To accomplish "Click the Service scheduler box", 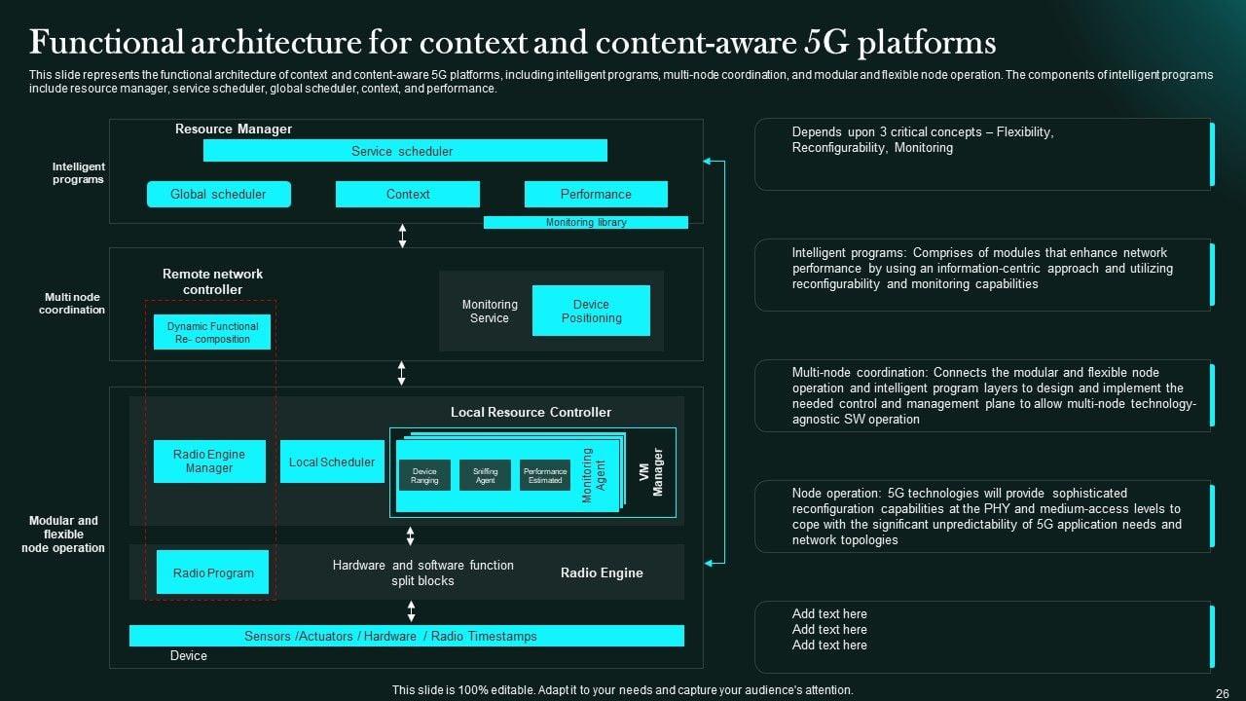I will coord(405,151).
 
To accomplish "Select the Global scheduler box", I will coord(219,194).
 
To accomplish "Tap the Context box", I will coord(407,194).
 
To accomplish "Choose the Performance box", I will coord(596,194).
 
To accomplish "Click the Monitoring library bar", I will coord(585,223).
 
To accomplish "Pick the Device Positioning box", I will coord(591,311).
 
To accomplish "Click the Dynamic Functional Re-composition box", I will coord(212,332).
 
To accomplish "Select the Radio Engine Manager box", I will coord(209,461).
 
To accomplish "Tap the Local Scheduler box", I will coord(332,462).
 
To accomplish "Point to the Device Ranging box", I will coord(424,475).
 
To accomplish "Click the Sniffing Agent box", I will coord(485,475).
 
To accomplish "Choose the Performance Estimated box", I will coord(545,475).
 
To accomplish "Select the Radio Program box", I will coord(213,572).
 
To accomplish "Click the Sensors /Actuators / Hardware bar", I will coord(406,636).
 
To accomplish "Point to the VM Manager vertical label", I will coord(650,472).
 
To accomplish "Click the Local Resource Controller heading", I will coord(531,412).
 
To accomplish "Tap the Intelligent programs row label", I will coord(78,172).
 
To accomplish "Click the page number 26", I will coord(1223,692).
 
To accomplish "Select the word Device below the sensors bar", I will coord(189,656).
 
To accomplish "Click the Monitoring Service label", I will coord(490,312).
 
